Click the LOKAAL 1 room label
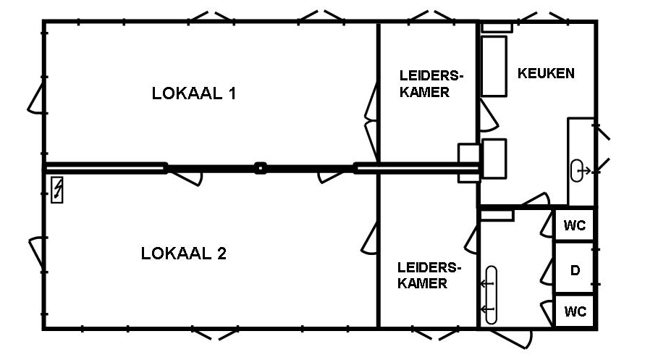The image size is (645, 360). (194, 93)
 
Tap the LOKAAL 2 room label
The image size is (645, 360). (184, 254)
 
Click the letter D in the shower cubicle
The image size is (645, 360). (575, 271)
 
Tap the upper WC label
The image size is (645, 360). (575, 225)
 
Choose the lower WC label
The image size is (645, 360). (575, 312)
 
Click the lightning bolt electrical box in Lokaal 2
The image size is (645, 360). (56, 191)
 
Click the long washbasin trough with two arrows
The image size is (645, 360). (491, 295)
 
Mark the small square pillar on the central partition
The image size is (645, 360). (260, 168)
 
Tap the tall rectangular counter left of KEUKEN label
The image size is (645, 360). (494, 66)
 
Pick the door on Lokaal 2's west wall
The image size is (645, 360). (36, 256)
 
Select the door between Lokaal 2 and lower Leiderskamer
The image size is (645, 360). (371, 240)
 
